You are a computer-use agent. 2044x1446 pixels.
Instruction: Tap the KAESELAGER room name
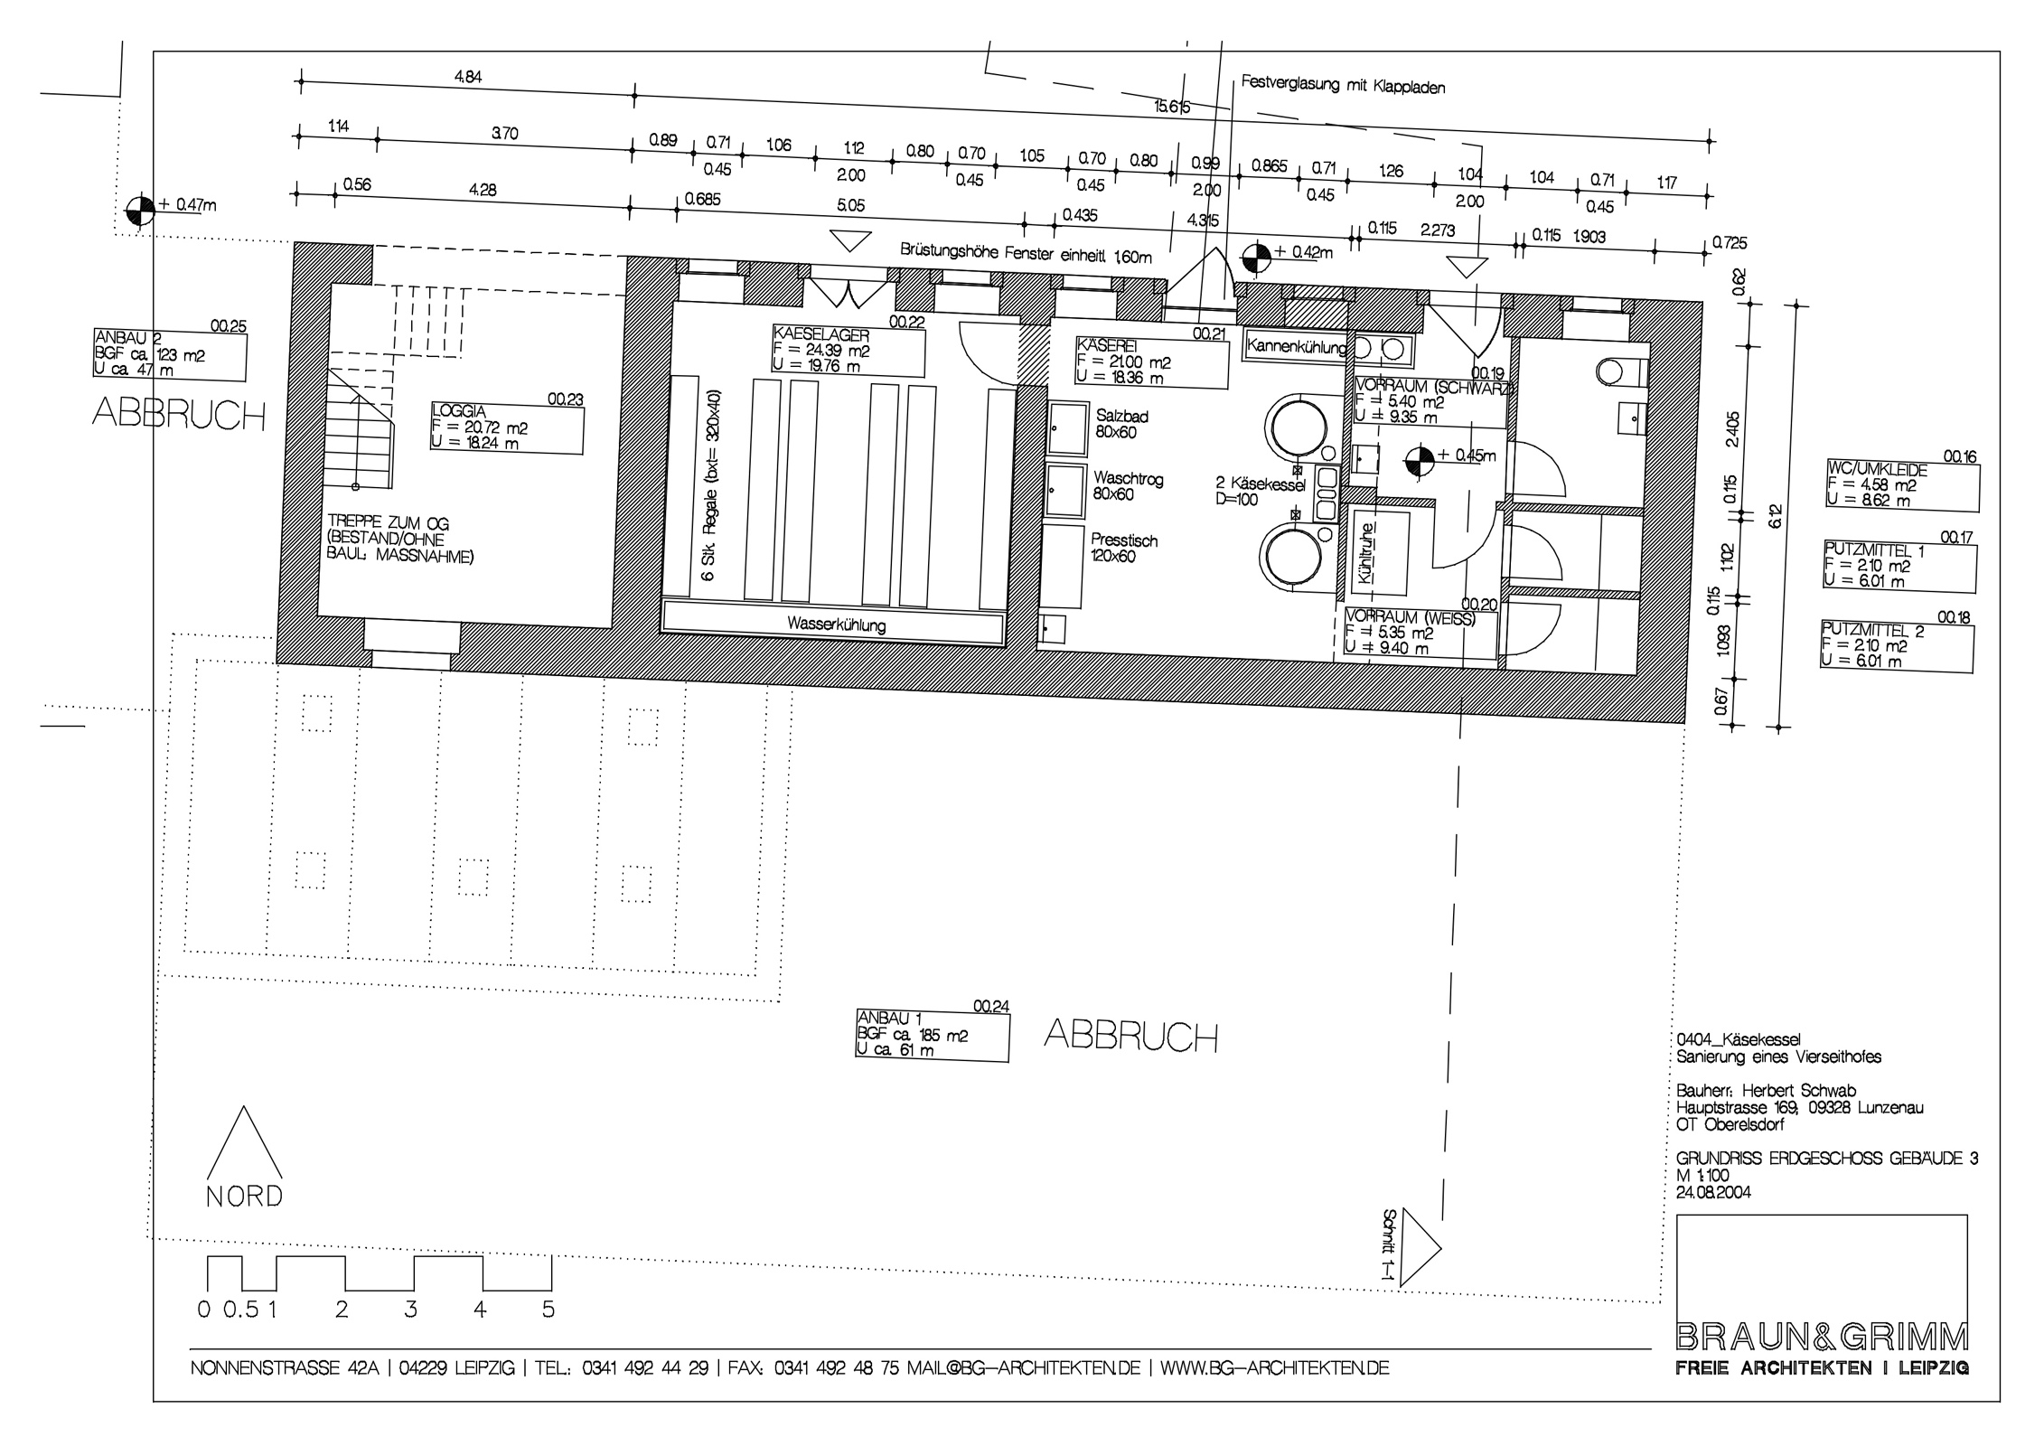coord(821,335)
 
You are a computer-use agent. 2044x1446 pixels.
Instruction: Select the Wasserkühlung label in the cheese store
coord(836,624)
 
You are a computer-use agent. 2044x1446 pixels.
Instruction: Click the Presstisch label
coord(1123,540)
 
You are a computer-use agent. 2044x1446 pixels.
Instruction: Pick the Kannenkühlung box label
coord(1297,345)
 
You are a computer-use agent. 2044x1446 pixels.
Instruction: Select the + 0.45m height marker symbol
coord(1420,462)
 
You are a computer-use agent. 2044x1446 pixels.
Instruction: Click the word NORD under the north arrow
coord(244,1197)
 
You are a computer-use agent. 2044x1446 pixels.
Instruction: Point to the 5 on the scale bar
coord(549,1309)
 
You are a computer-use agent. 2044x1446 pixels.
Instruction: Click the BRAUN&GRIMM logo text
coord(1822,1335)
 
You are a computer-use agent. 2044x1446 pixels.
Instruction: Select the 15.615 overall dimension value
coord(1172,107)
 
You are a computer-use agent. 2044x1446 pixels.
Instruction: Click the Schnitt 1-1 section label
coord(1390,1246)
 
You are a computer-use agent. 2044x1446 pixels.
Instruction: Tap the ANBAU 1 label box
coord(932,1035)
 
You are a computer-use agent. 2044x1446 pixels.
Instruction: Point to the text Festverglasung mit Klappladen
coord(1344,85)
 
